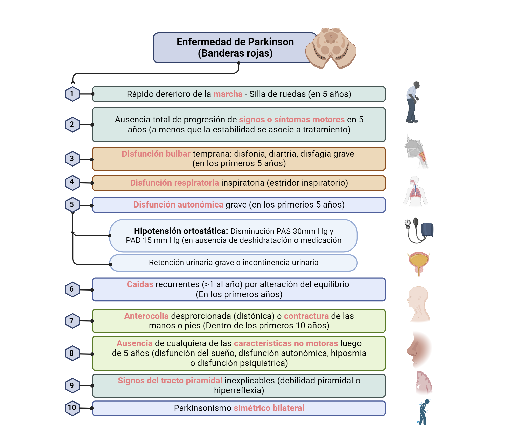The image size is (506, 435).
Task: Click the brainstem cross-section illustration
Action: (x=331, y=48)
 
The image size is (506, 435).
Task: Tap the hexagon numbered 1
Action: (x=72, y=94)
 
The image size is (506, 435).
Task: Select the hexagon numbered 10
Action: (x=72, y=408)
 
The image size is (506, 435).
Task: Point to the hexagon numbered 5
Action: (x=72, y=204)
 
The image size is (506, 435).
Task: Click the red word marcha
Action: (x=228, y=94)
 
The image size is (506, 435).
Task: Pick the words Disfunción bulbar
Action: (x=156, y=154)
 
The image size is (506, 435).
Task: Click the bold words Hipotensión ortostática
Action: (x=181, y=231)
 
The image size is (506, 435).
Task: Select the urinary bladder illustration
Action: (x=419, y=263)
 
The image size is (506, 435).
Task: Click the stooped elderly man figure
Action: (x=412, y=102)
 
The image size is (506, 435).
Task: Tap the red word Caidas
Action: (x=140, y=284)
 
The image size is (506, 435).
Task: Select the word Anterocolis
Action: (x=146, y=316)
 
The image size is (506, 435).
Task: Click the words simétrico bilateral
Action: (x=269, y=408)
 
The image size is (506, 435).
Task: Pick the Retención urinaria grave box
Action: (x=233, y=263)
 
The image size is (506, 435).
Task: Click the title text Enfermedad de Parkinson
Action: (x=235, y=42)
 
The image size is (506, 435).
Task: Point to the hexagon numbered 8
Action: (x=72, y=353)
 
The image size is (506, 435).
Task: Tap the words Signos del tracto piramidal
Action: (x=170, y=381)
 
